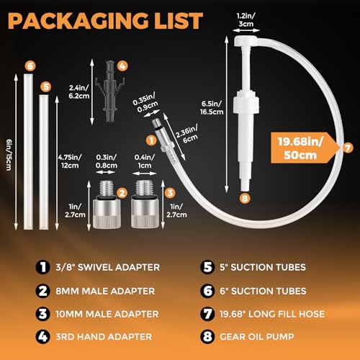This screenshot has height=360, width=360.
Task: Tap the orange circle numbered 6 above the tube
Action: [30, 66]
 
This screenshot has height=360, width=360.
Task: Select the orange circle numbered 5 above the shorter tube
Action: [46, 86]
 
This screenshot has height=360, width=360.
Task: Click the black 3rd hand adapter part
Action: [110, 91]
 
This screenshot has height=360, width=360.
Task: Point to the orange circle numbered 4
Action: [122, 66]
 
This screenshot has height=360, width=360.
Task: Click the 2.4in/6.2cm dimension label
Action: [79, 91]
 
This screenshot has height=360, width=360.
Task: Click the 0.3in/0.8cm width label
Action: [107, 161]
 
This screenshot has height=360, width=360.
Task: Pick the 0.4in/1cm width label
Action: [145, 161]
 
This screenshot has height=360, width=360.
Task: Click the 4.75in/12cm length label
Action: [70, 161]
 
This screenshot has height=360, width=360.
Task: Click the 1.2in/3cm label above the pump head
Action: [246, 20]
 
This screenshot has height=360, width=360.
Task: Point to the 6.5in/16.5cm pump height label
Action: [212, 108]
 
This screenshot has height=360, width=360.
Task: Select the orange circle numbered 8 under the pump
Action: [245, 198]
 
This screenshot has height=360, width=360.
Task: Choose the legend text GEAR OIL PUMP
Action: [257, 336]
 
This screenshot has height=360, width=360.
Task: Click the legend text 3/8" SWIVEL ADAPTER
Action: [107, 267]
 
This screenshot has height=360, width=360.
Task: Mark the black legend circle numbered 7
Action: [207, 314]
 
